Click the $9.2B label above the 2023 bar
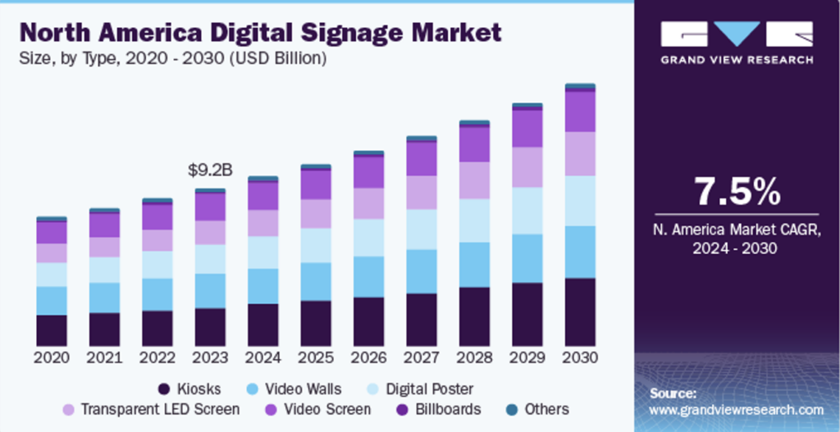click(210, 171)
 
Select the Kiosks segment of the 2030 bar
click(580, 311)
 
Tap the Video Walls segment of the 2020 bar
click(52, 301)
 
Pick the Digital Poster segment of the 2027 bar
click(422, 230)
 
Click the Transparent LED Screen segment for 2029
click(527, 167)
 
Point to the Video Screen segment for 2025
click(316, 185)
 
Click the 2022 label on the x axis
click(157, 358)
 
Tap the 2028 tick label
click(474, 358)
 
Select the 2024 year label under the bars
click(263, 358)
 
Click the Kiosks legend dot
click(164, 389)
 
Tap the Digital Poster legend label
click(429, 389)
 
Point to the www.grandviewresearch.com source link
click(736, 409)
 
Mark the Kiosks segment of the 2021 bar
click(104, 329)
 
